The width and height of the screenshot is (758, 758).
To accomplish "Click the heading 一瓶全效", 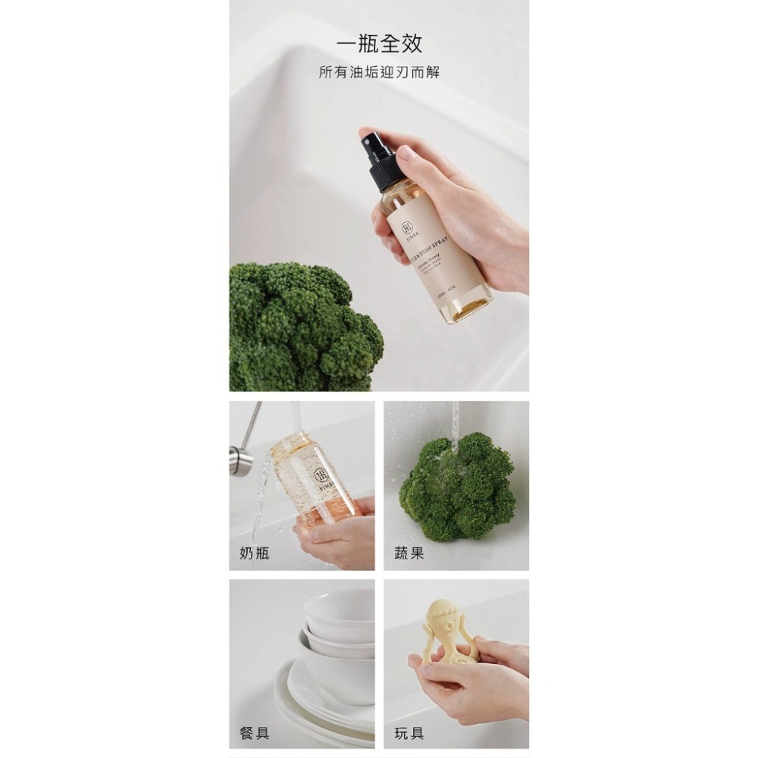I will pyautogui.click(x=379, y=43).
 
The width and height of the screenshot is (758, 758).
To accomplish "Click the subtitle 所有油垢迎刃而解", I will pyautogui.click(x=379, y=73).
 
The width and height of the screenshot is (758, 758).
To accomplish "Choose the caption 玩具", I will pyautogui.click(x=409, y=733).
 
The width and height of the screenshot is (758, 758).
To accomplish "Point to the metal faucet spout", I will pyautogui.click(x=241, y=455).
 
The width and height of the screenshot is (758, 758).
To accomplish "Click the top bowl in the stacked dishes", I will pyautogui.click(x=339, y=610).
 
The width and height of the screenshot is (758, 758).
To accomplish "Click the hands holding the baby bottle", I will pyautogui.click(x=337, y=538).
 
